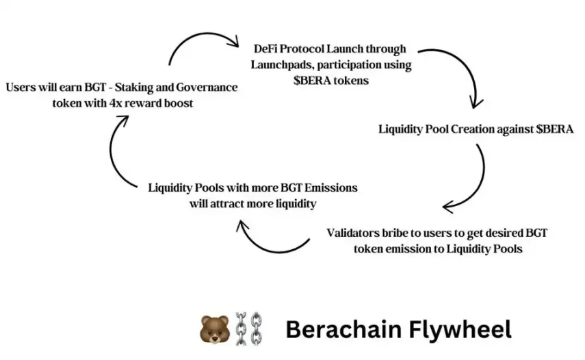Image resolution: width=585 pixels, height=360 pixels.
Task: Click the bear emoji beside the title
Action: click(213, 329)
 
